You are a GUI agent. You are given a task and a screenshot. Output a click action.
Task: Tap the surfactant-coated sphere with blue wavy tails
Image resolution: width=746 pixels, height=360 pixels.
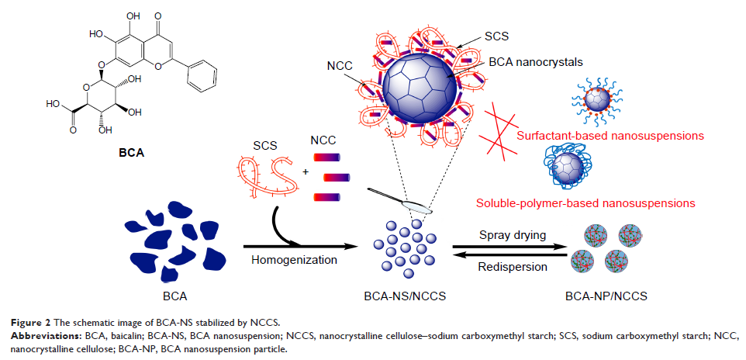pos(599,99)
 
